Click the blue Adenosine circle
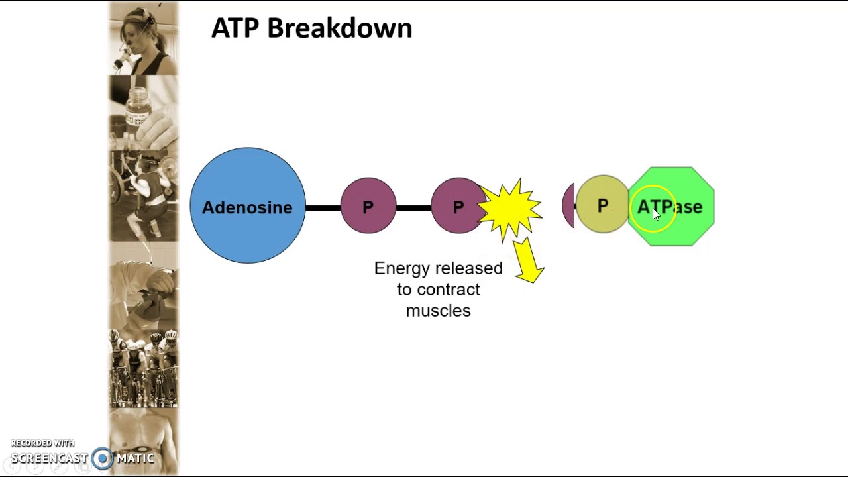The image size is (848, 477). coord(248,205)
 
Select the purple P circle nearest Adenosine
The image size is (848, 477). coord(368,205)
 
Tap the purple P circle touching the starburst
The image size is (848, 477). coord(458,205)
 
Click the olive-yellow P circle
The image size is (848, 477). coord(602,204)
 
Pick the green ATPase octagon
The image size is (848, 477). coord(671,207)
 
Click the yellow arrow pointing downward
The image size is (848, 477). coord(529,261)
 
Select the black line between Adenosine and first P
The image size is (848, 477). coord(323,208)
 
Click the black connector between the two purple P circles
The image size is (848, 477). coord(413,208)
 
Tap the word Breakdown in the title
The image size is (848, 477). coord(340,28)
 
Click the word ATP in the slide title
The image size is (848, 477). coord(235,28)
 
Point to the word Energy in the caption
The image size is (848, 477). coord(402,269)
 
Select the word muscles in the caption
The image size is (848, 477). coord(439,311)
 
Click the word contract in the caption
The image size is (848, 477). coord(449,290)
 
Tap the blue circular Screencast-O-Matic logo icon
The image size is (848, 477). coord(102,458)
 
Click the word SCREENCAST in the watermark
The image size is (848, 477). coord(50,458)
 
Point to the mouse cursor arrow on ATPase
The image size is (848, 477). coord(656,214)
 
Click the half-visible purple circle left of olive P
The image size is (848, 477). coord(568,205)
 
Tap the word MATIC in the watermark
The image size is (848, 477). coord(135,458)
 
